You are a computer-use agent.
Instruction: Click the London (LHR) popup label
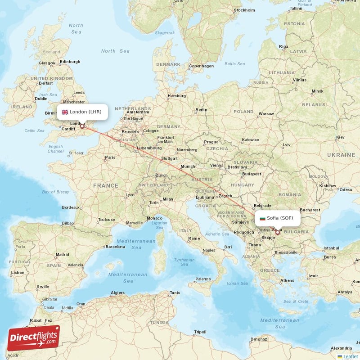82,112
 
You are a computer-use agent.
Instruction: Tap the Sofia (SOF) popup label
277,218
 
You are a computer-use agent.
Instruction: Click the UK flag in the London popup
65,112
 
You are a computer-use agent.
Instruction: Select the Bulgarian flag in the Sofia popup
263,218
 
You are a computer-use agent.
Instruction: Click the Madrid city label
63,255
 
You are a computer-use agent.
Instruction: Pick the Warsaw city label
266,114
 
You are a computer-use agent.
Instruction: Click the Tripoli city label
200,332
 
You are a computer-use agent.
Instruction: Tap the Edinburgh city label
70,62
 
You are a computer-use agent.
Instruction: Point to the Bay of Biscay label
56,192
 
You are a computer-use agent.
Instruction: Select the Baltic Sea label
234,64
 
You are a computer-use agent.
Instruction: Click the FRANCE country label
106,185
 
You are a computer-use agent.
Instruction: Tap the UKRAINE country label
341,155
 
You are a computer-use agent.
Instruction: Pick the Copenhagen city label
201,66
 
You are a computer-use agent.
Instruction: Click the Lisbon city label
18,273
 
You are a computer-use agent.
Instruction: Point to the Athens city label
288,280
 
